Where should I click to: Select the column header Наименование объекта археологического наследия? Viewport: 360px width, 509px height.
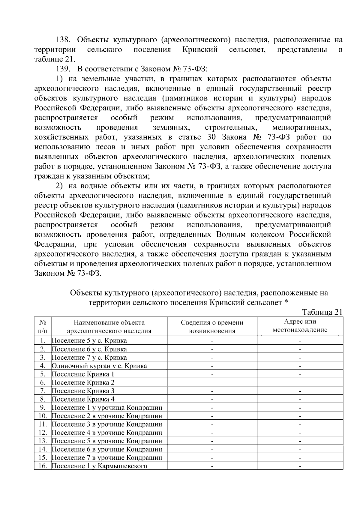pyautogui.click(x=109, y=327)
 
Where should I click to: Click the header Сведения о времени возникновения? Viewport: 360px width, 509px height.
pyautogui.click(x=212, y=327)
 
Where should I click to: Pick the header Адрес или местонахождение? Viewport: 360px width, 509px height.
pyautogui.click(x=300, y=326)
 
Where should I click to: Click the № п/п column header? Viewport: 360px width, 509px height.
pyautogui.click(x=43, y=327)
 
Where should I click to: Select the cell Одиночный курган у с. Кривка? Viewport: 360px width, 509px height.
pyautogui.click(x=99, y=366)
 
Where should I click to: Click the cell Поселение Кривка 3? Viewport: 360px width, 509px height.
pyautogui.click(x=83, y=391)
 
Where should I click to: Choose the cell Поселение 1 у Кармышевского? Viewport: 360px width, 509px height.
pyautogui.click(x=100, y=466)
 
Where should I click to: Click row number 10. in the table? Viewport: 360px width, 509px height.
pyautogui.click(x=43, y=416)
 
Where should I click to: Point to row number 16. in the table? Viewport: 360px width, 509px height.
pyautogui.click(x=43, y=466)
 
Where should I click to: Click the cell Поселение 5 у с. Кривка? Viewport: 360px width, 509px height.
pyautogui.click(x=89, y=341)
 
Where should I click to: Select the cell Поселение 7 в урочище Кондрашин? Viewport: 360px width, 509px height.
pyautogui.click(x=107, y=458)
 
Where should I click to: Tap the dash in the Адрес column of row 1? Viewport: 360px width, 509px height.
pyautogui.click(x=300, y=341)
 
